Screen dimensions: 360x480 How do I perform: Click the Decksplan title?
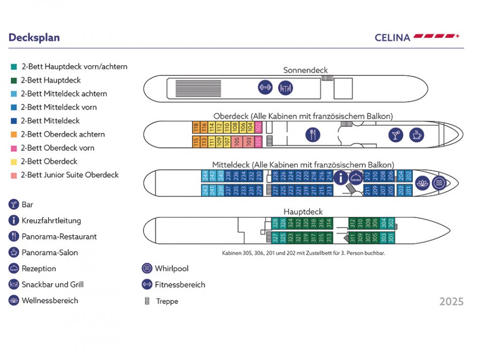34,38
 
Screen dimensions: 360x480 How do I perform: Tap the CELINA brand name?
393,37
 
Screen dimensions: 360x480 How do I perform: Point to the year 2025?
451,302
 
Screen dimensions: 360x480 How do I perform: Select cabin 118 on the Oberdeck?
196,127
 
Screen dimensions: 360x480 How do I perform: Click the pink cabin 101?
258,142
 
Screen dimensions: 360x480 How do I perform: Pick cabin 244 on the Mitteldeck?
205,176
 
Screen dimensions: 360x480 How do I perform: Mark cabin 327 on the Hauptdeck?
275,237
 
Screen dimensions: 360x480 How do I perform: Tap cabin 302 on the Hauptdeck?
391,223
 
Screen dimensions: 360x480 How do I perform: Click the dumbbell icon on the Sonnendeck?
265,87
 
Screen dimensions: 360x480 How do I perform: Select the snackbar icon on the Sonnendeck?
285,87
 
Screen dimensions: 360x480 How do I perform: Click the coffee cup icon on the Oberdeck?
416,134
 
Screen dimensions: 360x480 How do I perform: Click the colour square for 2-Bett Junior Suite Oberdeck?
14,175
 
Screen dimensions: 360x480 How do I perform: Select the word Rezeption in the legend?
39,268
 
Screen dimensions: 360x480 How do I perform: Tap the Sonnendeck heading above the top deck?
305,70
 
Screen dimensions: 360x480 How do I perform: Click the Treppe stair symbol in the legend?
147,301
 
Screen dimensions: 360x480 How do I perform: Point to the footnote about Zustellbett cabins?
303,253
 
